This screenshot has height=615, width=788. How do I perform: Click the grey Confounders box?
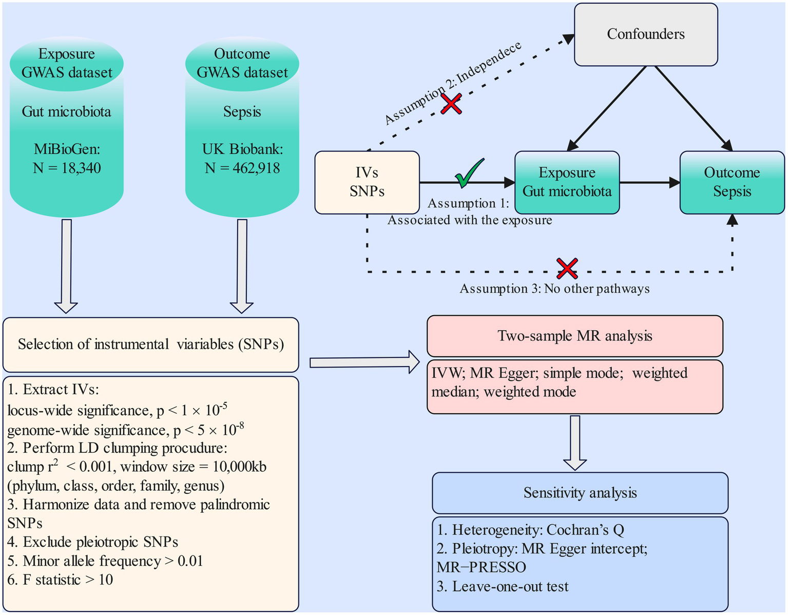click(645, 34)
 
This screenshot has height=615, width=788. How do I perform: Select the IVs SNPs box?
click(367, 182)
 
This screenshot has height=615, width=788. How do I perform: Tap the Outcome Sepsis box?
click(732, 182)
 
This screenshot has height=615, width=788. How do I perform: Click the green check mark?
click(469, 173)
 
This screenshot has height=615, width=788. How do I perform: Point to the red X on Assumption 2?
click(451, 103)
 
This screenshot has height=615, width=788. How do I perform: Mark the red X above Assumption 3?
click(567, 268)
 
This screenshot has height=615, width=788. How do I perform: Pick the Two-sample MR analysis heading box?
click(574, 336)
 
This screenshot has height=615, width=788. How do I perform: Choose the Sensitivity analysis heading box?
click(580, 493)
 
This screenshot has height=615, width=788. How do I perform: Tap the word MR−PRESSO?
click(482, 568)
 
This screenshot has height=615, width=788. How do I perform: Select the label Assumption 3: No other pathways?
click(554, 289)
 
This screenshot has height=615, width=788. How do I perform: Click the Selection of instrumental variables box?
click(150, 344)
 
